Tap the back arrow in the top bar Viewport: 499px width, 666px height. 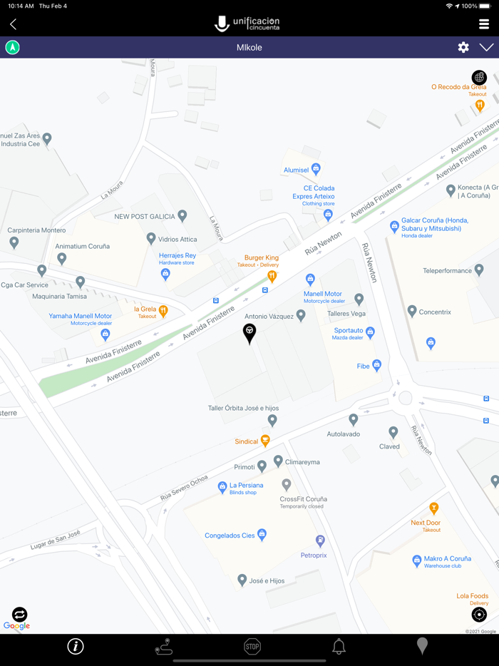click(x=13, y=24)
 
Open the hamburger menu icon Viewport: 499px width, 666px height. click(x=484, y=24)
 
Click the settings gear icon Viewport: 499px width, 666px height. click(x=463, y=47)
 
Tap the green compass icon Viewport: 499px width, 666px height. click(x=13, y=47)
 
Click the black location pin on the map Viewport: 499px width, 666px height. click(x=249, y=333)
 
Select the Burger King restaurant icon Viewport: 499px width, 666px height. click(x=272, y=276)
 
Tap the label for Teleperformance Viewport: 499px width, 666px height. click(x=448, y=271)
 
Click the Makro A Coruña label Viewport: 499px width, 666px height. click(x=448, y=559)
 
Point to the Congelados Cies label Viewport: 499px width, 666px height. click(x=230, y=536)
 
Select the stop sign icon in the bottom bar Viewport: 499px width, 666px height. click(x=252, y=646)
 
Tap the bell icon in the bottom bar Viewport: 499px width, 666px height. click(x=339, y=646)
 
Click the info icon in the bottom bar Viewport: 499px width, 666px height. click(x=76, y=646)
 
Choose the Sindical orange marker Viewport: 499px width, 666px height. click(x=265, y=441)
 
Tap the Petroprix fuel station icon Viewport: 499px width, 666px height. click(x=320, y=541)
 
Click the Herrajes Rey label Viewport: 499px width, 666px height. click(x=178, y=255)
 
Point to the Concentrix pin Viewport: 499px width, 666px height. click(x=412, y=311)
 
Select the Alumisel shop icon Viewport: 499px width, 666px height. click(x=316, y=169)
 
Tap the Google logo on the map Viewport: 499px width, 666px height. click(x=16, y=625)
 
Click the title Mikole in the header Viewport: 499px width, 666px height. click(x=249, y=47)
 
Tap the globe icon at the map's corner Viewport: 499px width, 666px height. click(x=479, y=77)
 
